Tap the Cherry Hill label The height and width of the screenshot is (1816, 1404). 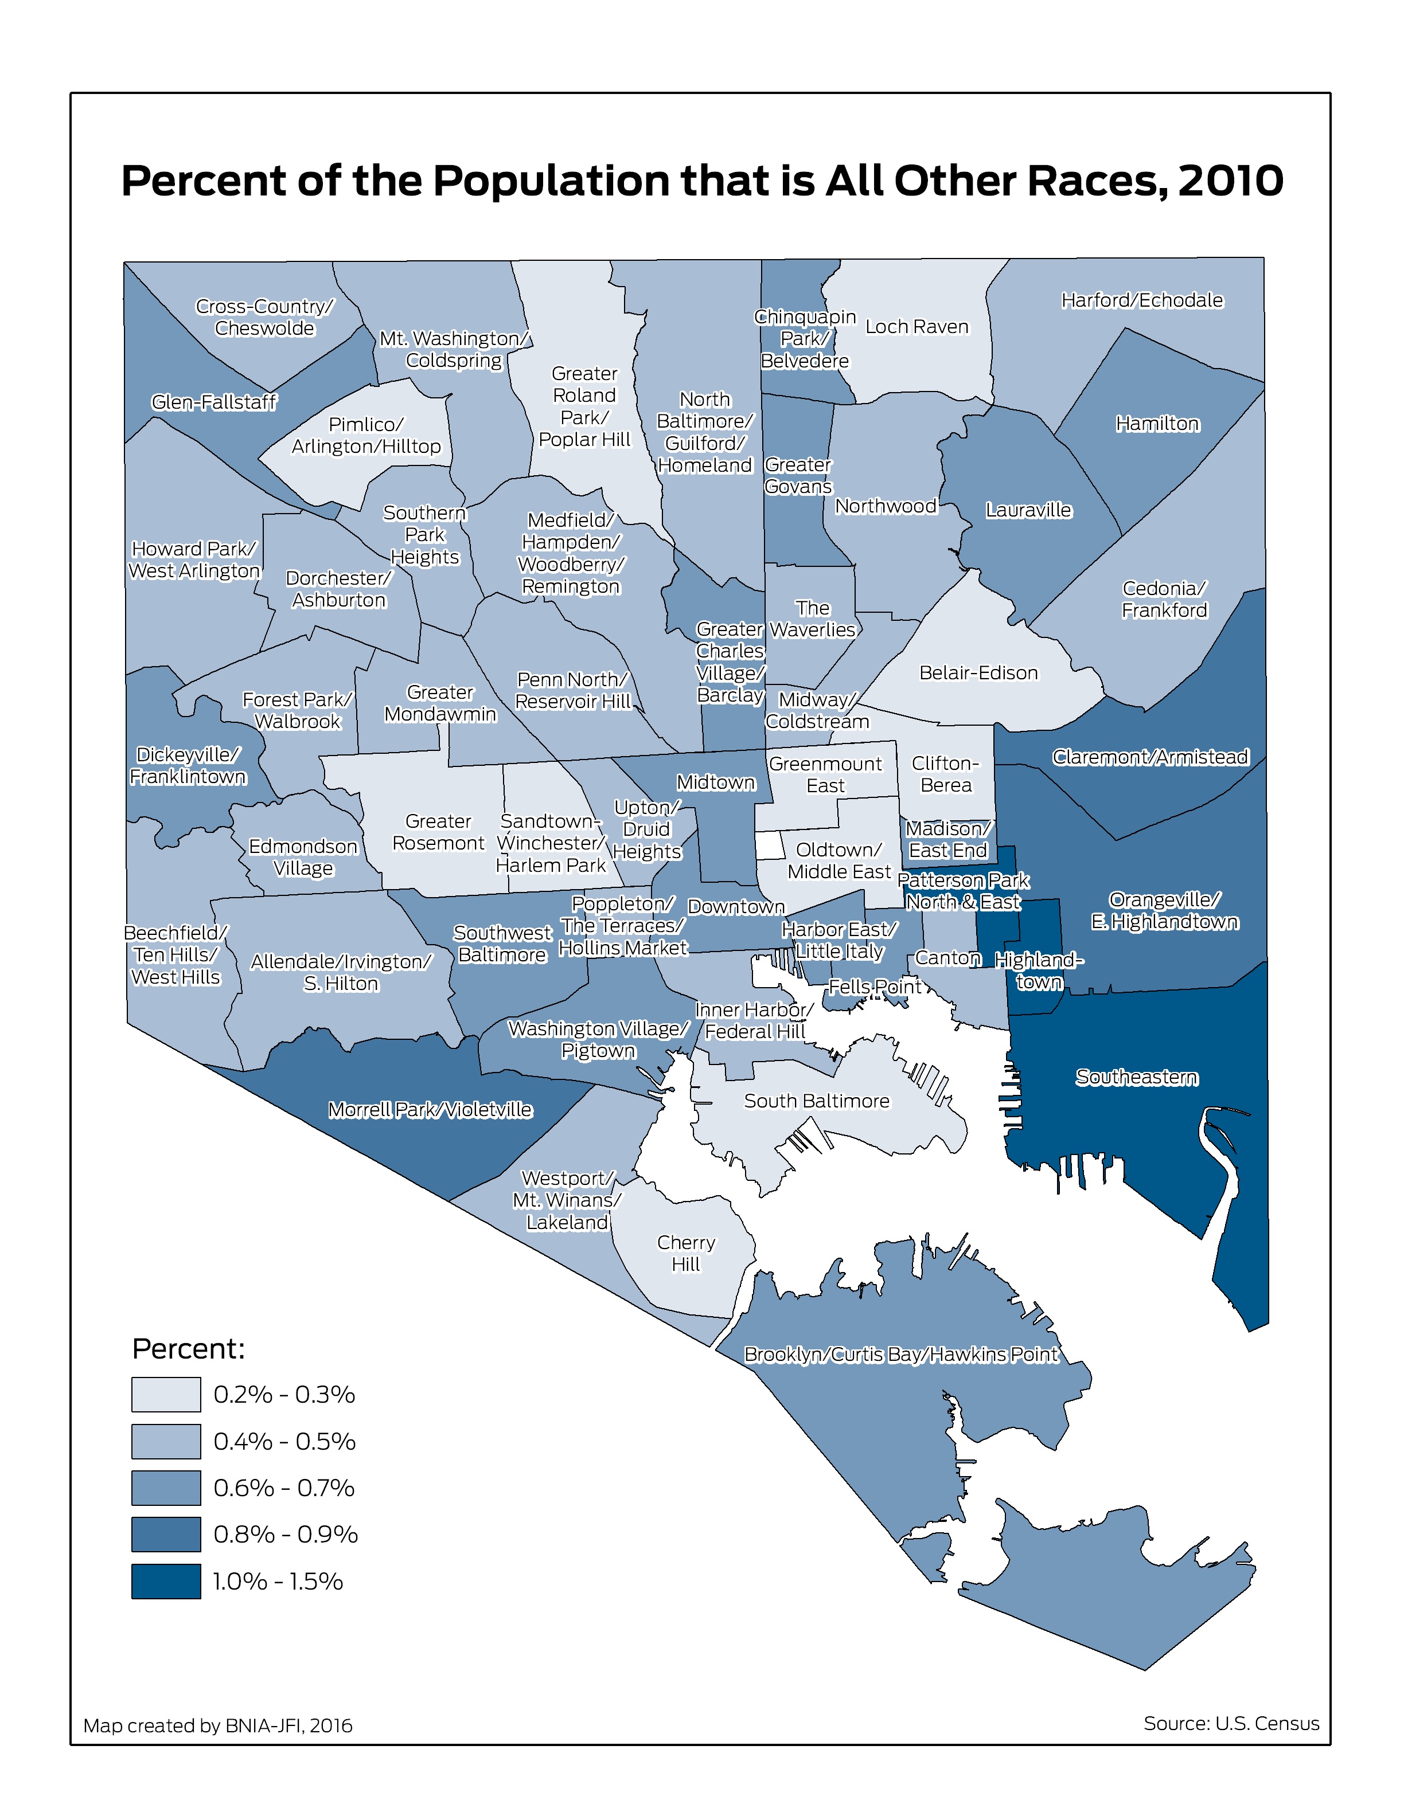pyautogui.click(x=685, y=1253)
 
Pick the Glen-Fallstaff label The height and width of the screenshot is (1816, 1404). pyautogui.click(x=214, y=402)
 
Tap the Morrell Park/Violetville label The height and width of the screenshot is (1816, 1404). pyautogui.click(x=430, y=1110)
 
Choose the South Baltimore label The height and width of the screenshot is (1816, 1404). pyautogui.click(x=816, y=1101)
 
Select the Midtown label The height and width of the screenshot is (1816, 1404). pyautogui.click(x=715, y=782)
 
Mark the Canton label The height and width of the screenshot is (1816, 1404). pyautogui.click(x=947, y=958)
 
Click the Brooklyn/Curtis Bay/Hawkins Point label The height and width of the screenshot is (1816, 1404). pyautogui.click(x=901, y=1355)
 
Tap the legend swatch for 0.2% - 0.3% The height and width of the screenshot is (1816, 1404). pyautogui.click(x=166, y=1395)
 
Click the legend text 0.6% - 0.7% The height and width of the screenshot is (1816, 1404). pyautogui.click(x=284, y=1488)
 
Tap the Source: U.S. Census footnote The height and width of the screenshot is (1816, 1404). pyautogui.click(x=1230, y=1723)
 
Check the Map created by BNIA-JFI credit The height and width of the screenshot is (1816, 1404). pyautogui.click(x=218, y=1725)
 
